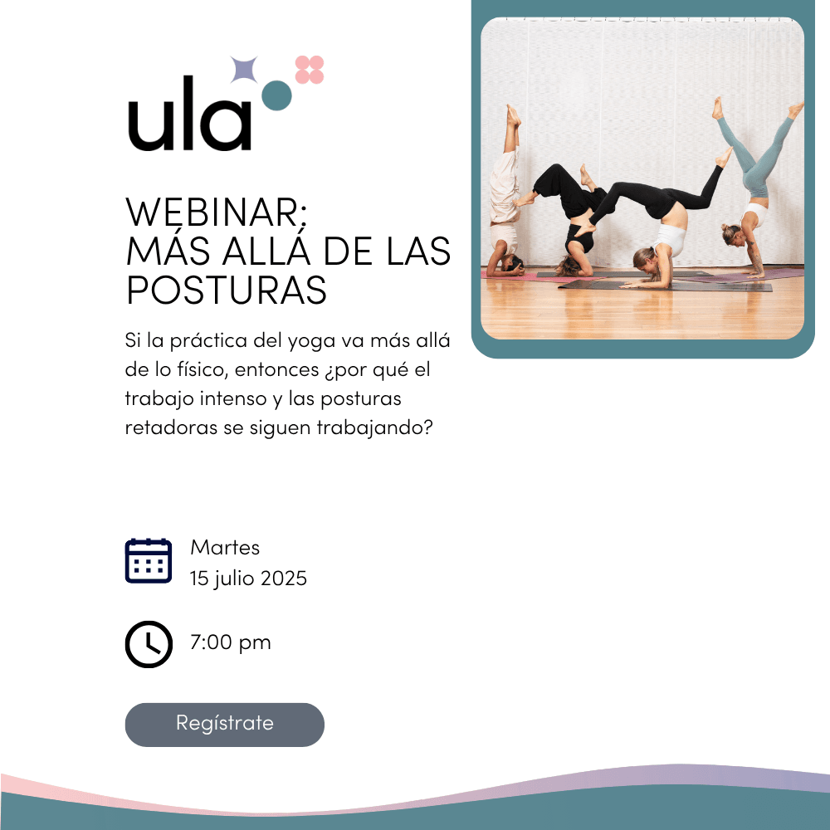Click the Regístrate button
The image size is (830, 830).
(x=224, y=725)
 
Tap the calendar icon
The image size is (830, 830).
(x=149, y=560)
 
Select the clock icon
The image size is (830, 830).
(x=149, y=644)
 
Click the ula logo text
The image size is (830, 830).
(x=189, y=113)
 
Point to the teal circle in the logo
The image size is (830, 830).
(x=277, y=95)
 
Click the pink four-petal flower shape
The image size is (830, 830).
(x=309, y=70)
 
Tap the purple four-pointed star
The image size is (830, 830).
(x=244, y=70)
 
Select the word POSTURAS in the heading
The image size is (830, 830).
(x=227, y=290)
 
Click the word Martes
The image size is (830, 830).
(x=225, y=547)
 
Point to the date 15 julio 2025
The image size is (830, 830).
(x=248, y=579)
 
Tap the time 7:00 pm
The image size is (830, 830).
(x=230, y=643)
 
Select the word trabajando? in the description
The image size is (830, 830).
(x=375, y=427)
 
